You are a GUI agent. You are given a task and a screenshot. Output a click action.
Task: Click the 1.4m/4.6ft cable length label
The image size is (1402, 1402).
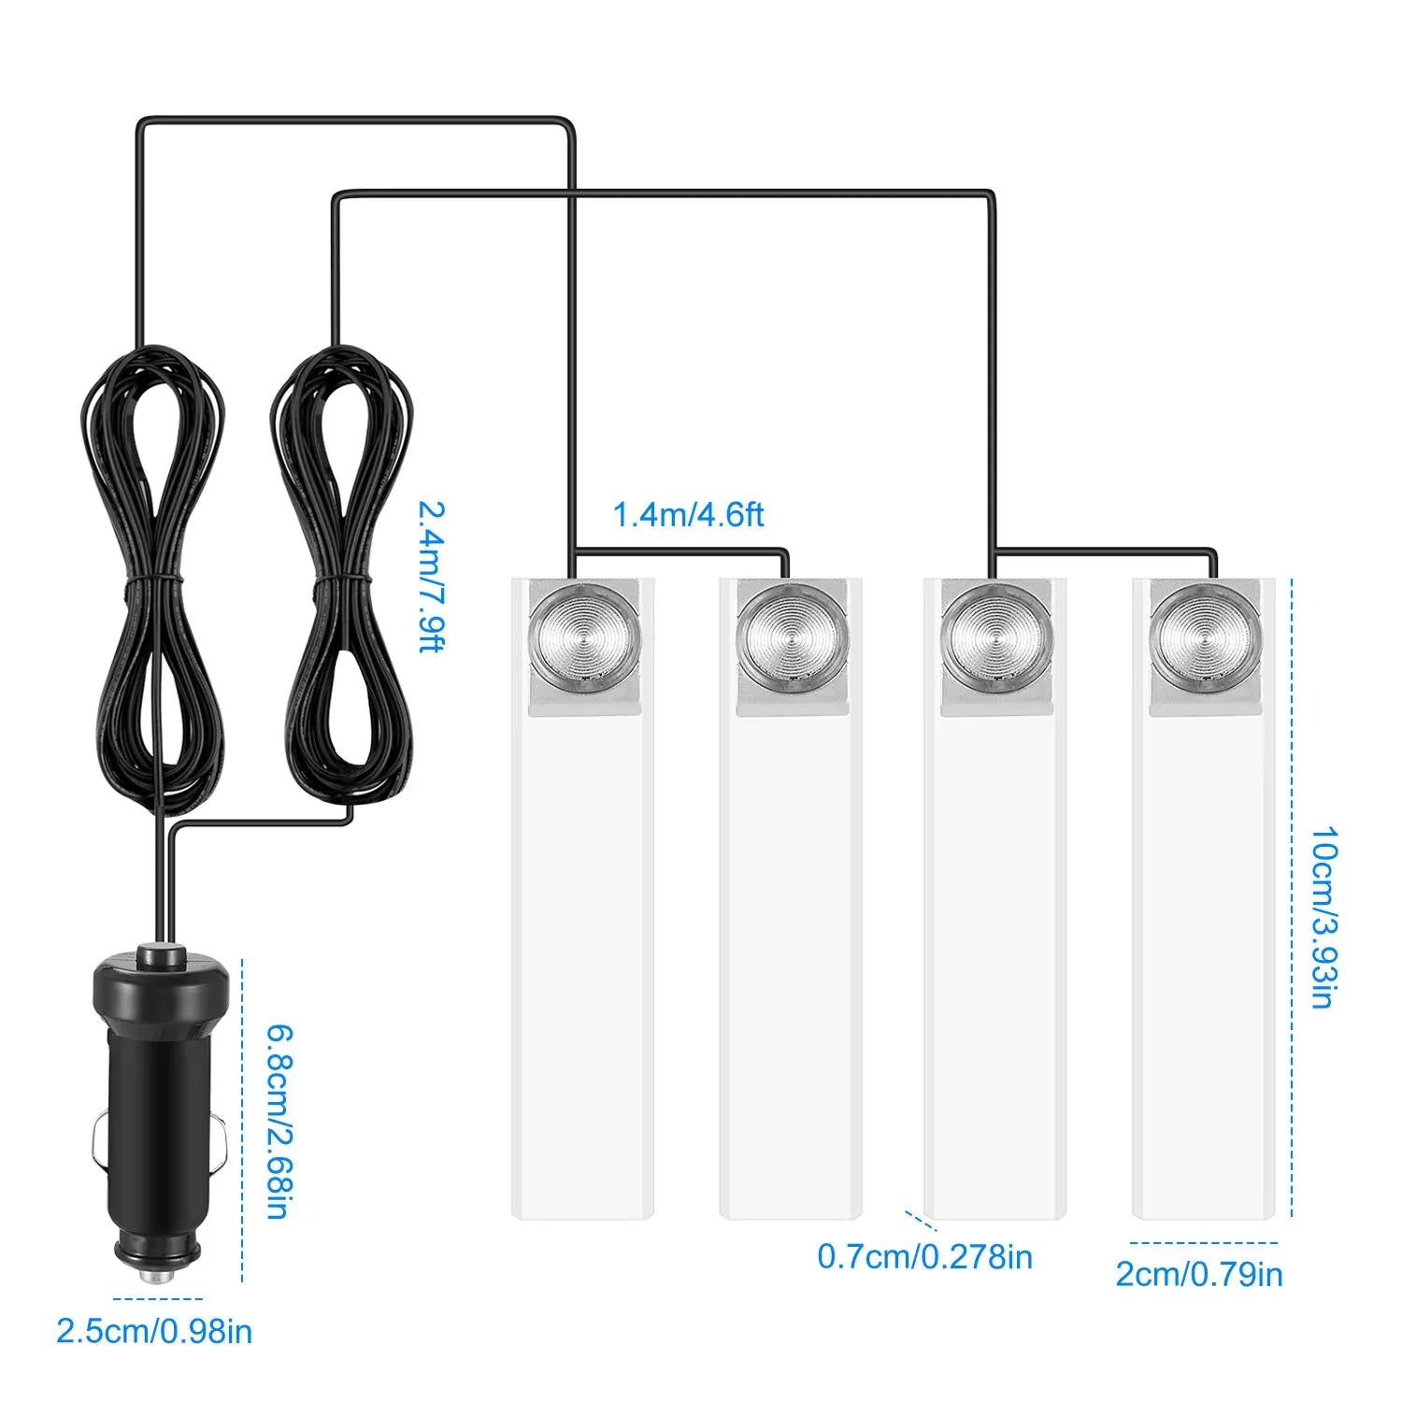688,514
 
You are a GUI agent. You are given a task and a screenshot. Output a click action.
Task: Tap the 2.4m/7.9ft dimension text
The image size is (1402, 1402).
431,577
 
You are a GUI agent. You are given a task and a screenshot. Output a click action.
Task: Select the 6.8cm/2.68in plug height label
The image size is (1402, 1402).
277,1122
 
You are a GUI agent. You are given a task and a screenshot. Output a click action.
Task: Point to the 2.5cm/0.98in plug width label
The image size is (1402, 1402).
154,1331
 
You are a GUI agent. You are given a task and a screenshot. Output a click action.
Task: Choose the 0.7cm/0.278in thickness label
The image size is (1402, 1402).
924,1257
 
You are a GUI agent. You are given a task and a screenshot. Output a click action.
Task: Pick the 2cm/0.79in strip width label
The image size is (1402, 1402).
1199,1274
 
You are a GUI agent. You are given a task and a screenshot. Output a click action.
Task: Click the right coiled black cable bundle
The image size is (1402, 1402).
342,579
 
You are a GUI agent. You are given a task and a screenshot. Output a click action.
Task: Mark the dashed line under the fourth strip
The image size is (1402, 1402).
1203,1243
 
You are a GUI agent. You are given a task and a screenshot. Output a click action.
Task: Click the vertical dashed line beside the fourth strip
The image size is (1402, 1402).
1292,897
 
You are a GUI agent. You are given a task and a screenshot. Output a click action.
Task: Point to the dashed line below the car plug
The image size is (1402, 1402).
157,1298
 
